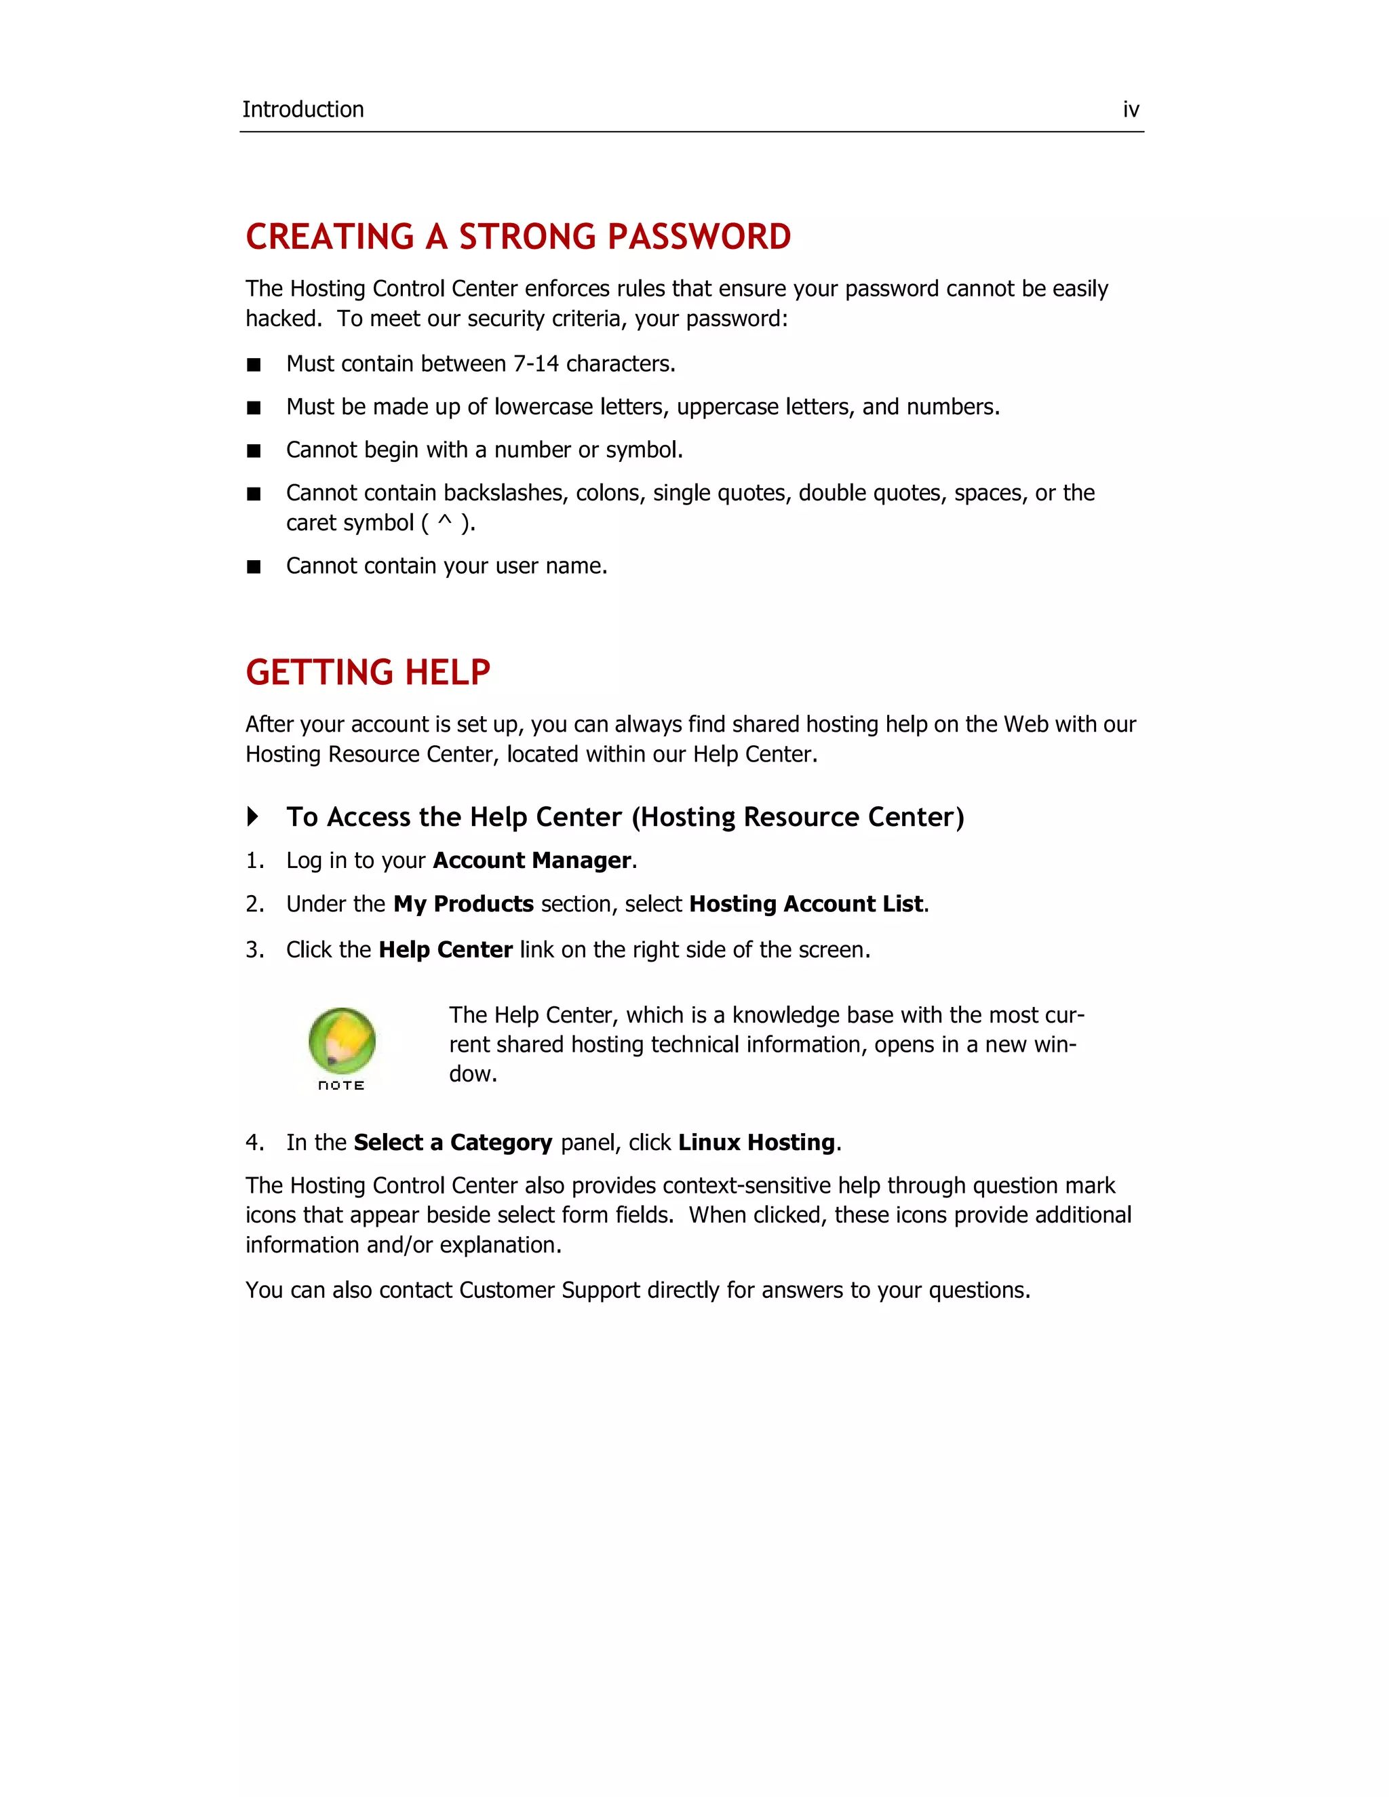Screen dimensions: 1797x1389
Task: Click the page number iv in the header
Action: point(1131,109)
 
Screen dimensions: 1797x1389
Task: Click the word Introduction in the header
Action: point(302,109)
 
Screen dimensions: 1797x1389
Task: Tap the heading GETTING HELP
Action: point(368,672)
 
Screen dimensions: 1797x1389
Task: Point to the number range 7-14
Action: point(536,363)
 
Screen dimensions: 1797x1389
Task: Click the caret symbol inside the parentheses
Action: point(444,521)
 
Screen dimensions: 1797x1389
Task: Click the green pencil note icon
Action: point(342,1040)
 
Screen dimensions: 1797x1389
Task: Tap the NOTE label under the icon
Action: point(340,1085)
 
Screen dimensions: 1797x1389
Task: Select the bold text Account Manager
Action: point(532,861)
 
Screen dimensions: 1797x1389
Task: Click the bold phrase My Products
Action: point(463,904)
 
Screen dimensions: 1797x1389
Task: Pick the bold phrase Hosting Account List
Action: point(806,904)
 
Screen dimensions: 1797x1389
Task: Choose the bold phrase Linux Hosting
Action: point(756,1143)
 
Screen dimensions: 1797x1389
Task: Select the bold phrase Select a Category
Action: point(452,1143)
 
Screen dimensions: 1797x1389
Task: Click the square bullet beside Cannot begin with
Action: point(254,451)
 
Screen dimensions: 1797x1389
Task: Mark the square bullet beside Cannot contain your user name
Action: point(254,567)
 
